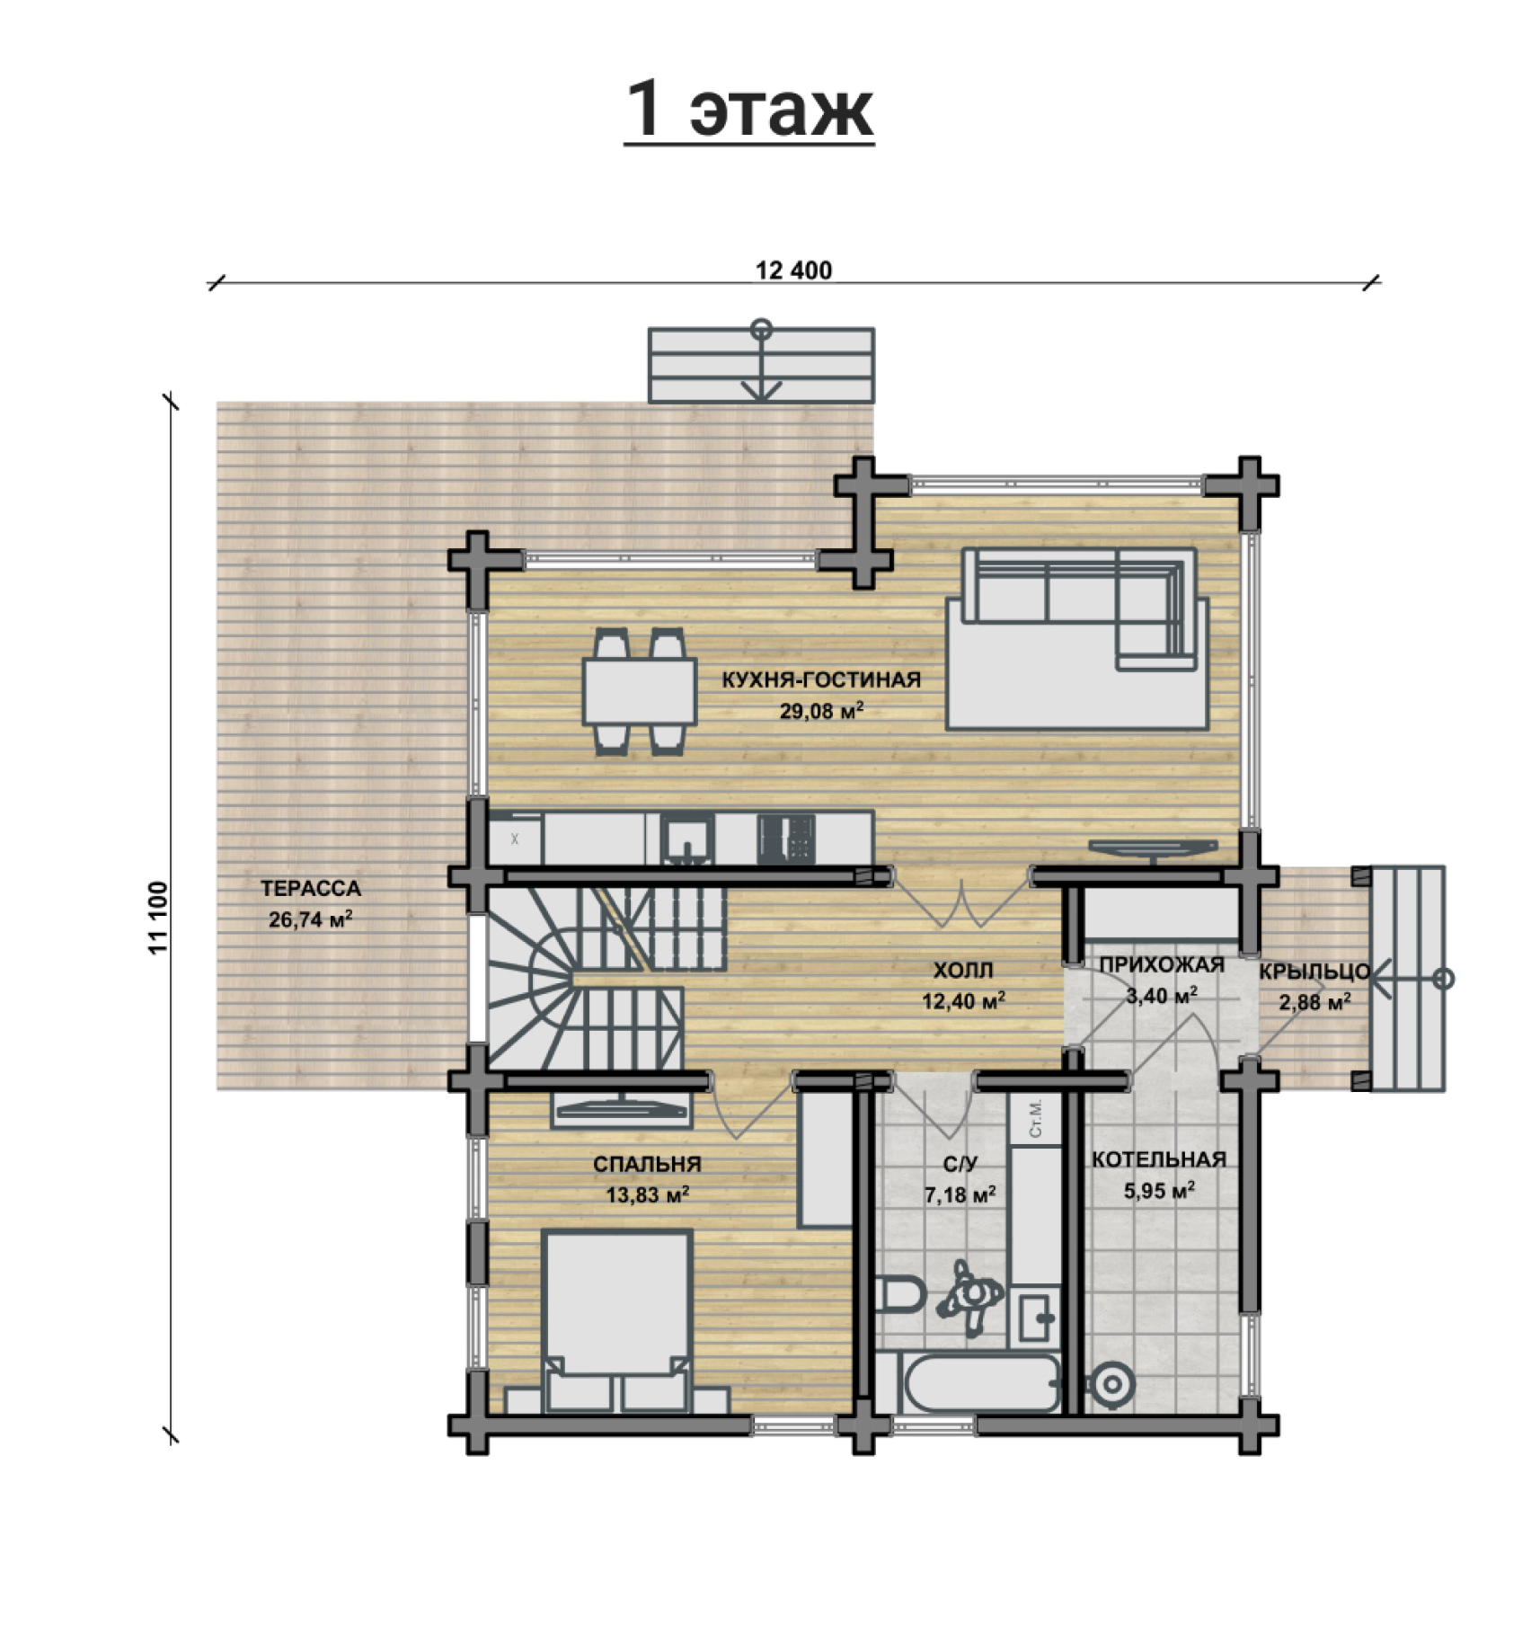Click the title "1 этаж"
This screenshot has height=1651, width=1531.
coord(749,111)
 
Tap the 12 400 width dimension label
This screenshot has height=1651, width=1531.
coord(794,270)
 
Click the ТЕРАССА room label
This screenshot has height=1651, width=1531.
coord(311,889)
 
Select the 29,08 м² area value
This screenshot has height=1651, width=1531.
coord(822,711)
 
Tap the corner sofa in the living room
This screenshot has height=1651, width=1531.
coord(1078,637)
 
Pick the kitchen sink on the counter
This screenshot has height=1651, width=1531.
coord(687,839)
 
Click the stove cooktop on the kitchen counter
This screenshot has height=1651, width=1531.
coord(786,839)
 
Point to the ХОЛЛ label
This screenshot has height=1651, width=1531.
coord(963,971)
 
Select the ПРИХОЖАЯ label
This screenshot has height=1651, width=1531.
coord(1162,965)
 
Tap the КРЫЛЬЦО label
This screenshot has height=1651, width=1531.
coord(1314,972)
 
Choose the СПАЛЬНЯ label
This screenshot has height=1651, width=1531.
coord(647,1165)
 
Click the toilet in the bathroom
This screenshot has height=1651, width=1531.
coord(902,1297)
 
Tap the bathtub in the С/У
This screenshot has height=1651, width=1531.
coord(970,1385)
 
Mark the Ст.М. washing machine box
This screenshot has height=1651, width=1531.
coord(1034,1118)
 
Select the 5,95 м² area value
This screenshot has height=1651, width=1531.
coord(1159,1191)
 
